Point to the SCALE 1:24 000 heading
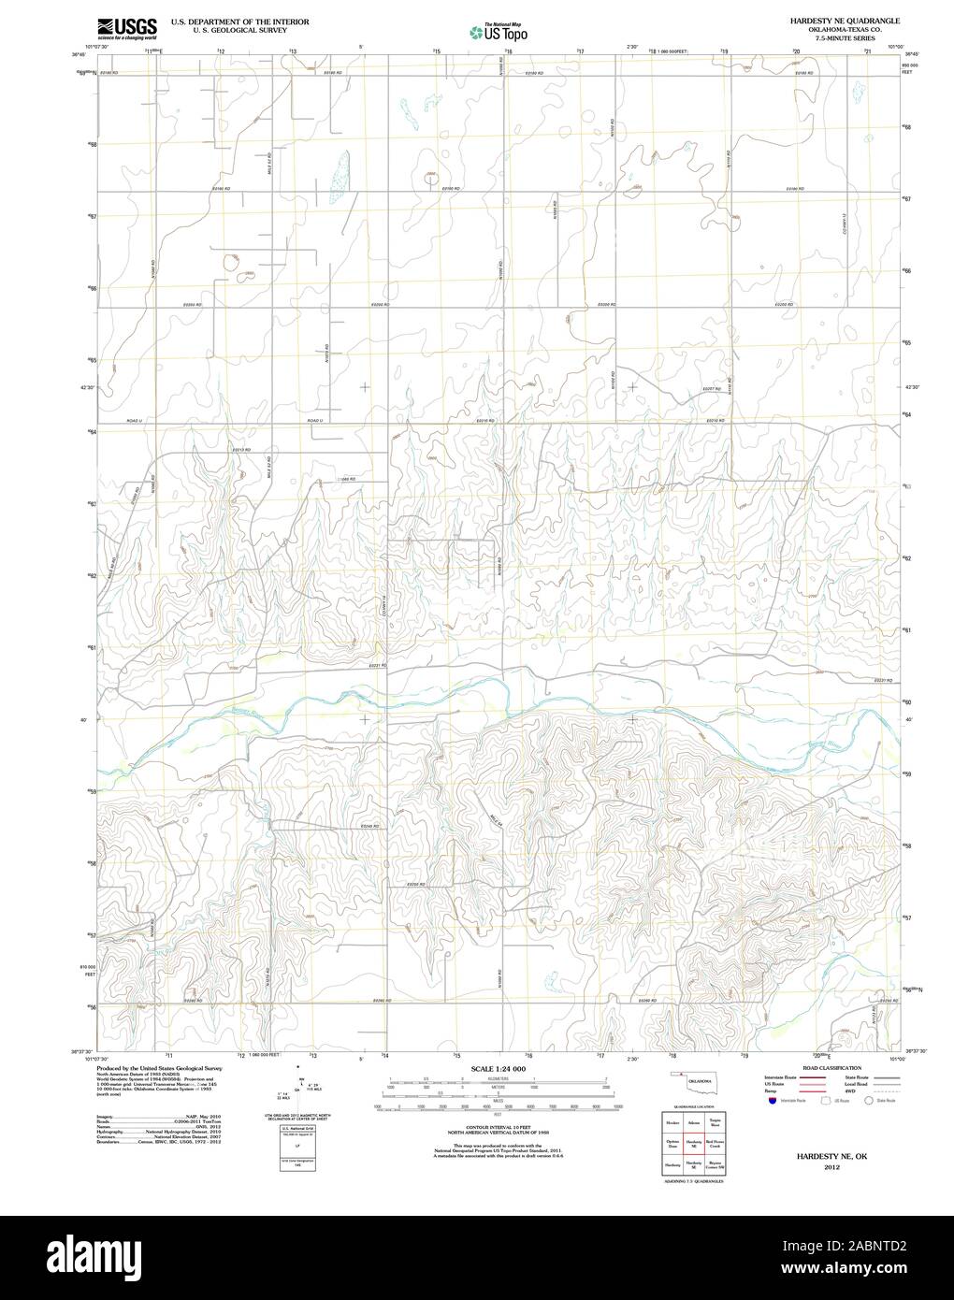click(x=498, y=1068)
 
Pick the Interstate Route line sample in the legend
click(x=800, y=1077)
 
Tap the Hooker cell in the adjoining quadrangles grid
click(x=672, y=1121)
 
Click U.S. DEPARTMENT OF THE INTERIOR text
click(x=239, y=20)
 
